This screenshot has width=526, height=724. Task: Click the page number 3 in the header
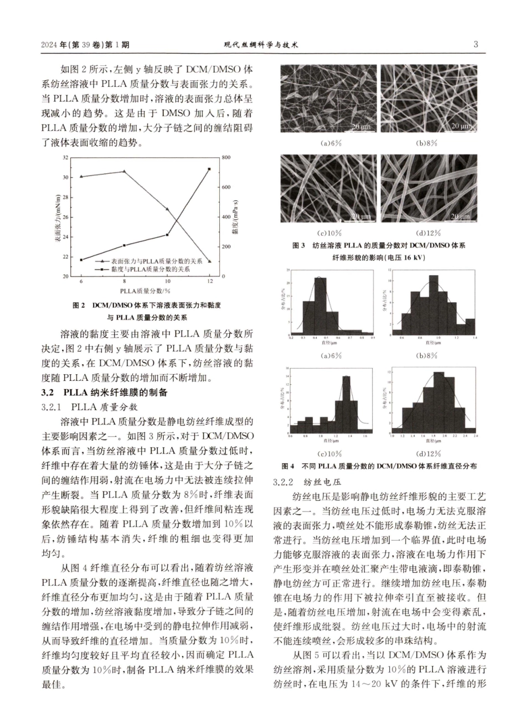tap(476, 45)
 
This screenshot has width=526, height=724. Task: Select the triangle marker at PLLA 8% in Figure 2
tap(124, 172)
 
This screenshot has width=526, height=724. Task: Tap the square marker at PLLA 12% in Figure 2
tap(209, 169)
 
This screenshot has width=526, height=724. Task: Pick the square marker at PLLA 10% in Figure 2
tap(167, 235)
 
